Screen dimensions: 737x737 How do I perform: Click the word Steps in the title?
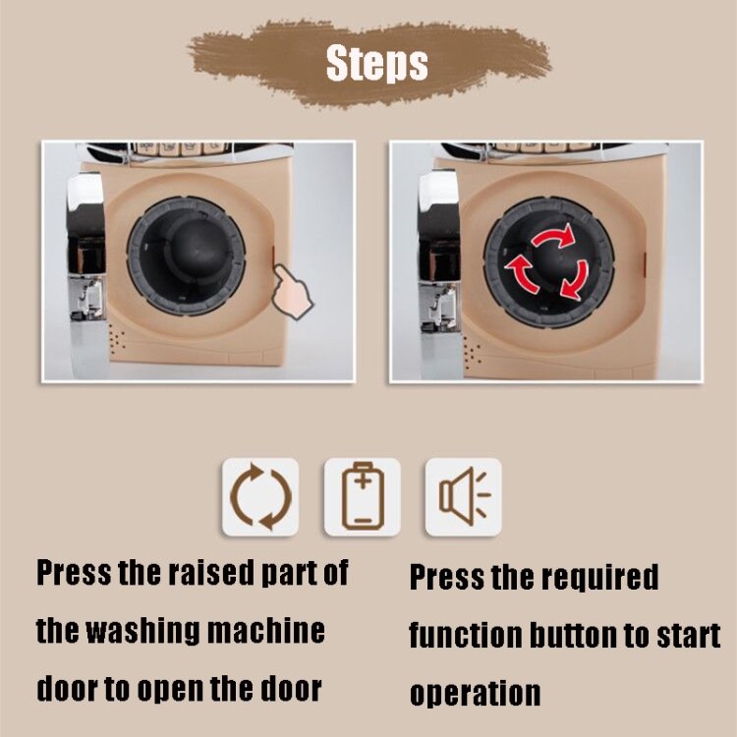(377, 63)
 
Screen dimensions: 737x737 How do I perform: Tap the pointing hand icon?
(293, 292)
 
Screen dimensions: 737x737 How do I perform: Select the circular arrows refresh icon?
(260, 497)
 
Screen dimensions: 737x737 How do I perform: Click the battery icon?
(363, 496)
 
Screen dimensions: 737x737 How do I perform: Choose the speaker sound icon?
(465, 496)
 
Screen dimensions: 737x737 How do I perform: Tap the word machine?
(266, 631)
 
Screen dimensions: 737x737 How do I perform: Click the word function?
(466, 636)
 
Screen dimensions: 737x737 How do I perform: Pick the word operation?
(476, 694)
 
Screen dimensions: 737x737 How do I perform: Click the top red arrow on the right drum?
(554, 236)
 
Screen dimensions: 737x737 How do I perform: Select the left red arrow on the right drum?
(521, 275)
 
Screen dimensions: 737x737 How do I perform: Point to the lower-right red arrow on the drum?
(576, 281)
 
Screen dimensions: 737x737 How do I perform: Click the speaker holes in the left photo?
(117, 339)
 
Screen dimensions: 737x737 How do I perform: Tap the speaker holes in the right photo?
(473, 350)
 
